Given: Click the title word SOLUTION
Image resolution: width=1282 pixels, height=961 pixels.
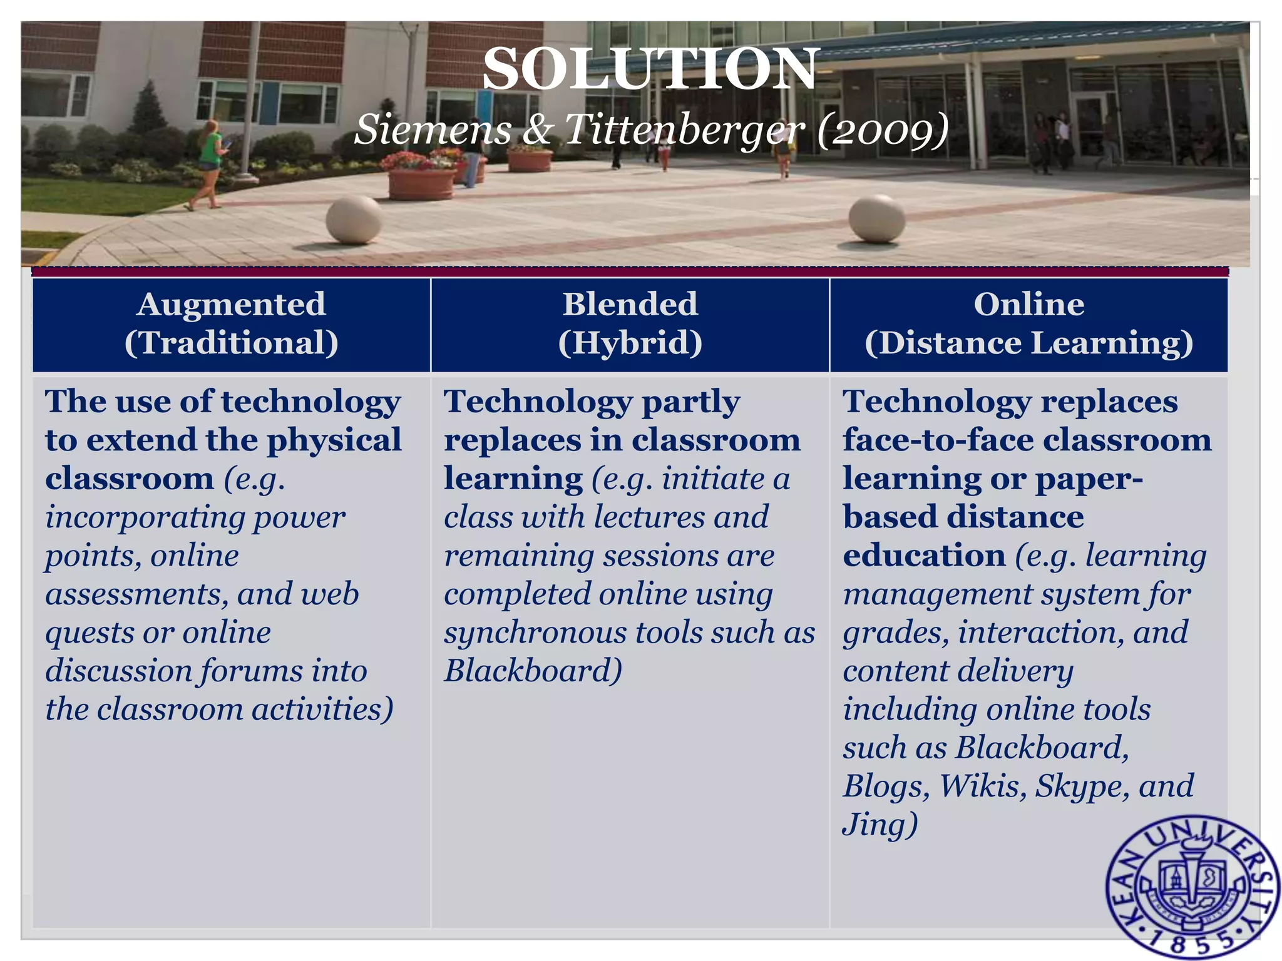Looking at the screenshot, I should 650,69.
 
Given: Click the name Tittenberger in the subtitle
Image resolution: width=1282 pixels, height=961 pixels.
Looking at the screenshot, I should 684,130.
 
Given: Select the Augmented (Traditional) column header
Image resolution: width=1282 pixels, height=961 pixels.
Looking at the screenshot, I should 231,324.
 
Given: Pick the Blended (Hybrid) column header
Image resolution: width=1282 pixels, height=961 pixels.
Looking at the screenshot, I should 630,324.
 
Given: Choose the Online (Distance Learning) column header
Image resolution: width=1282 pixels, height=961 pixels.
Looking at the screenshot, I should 1028,324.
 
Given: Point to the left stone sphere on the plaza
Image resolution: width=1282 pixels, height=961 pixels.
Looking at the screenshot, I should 354,220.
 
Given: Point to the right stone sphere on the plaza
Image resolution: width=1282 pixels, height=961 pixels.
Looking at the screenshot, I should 876,218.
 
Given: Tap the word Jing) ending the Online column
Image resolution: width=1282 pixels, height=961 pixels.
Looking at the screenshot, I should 880,824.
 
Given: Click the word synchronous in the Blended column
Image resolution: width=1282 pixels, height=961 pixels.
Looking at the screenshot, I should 534,633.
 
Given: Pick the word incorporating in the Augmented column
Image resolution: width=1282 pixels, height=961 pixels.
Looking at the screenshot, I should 148,517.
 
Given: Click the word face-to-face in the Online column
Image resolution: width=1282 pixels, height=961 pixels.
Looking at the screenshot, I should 937,440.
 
